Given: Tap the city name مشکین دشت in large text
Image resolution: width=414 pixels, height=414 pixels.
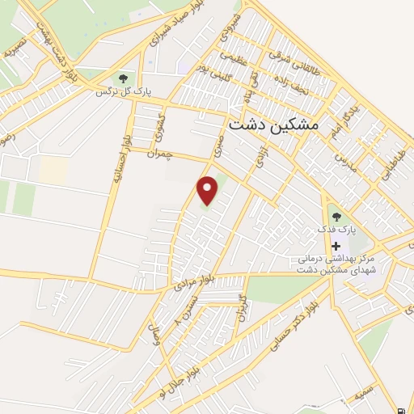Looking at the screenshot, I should coord(274,125).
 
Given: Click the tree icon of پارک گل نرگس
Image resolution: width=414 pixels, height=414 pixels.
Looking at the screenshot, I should coord(123,78).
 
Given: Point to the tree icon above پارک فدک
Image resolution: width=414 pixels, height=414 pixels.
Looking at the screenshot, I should coord(336,216).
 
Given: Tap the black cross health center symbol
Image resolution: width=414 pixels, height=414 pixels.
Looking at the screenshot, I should coord(336,245).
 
